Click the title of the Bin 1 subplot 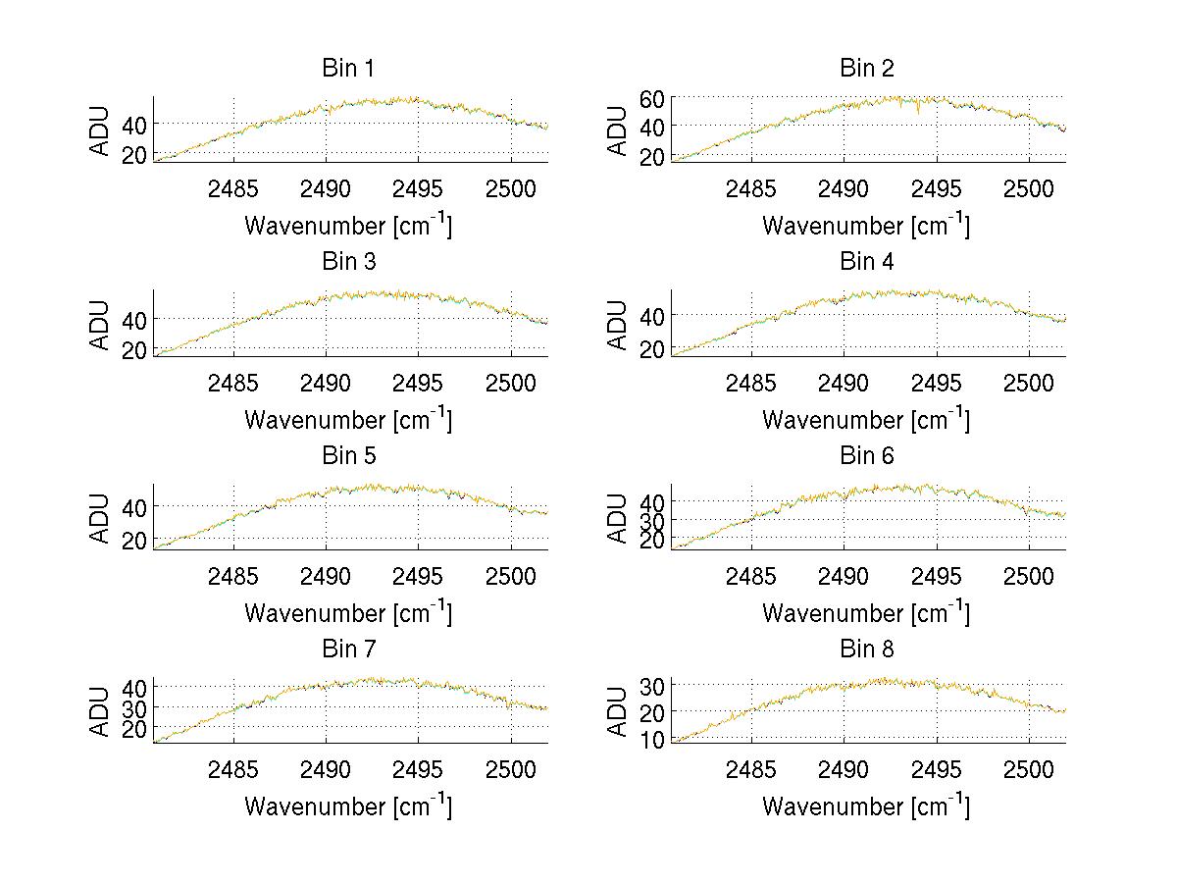(x=348, y=69)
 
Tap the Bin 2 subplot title (x=866, y=69)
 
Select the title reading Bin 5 (x=348, y=456)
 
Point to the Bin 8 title (x=866, y=650)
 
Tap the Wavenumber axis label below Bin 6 (x=866, y=613)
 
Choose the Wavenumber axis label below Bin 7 (x=348, y=806)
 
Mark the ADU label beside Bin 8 (x=619, y=711)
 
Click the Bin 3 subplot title (x=348, y=262)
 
